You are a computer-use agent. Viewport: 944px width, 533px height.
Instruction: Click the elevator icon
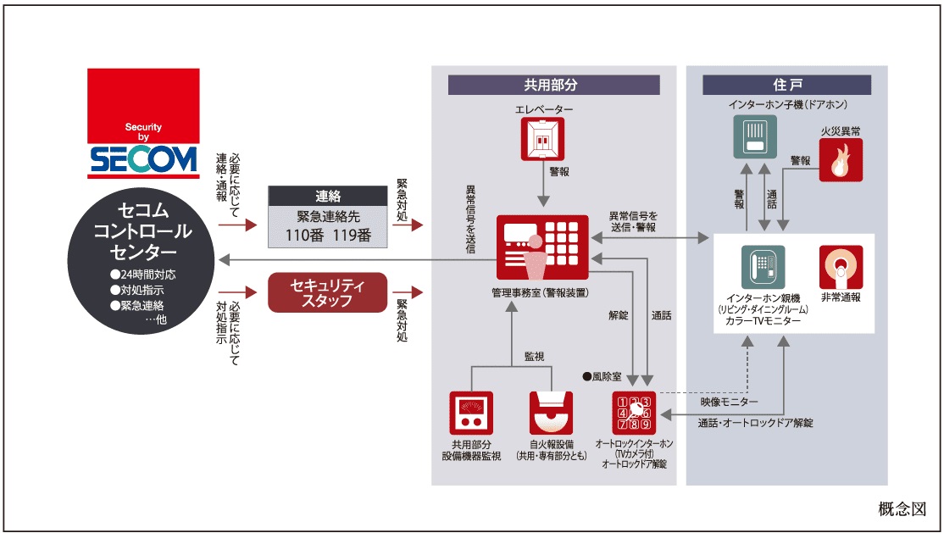[x=541, y=139]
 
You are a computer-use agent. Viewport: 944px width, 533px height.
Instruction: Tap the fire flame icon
[x=841, y=160]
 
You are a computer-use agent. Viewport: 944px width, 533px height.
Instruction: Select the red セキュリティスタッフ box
[x=327, y=292]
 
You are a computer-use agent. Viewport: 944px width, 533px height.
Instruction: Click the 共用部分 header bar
[x=553, y=85]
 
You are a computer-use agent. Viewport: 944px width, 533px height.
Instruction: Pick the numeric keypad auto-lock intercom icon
[x=633, y=413]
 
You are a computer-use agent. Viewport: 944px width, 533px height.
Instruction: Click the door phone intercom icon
[x=755, y=137]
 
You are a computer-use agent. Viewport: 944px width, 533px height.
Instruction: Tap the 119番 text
[x=351, y=236]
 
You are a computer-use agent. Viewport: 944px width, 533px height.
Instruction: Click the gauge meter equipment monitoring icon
[x=471, y=413]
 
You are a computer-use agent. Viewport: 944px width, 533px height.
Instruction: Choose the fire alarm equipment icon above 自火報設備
[x=551, y=413]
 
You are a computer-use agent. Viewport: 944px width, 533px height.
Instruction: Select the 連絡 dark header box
[x=327, y=196]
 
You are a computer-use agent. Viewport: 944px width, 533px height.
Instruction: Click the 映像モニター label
[x=729, y=401]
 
